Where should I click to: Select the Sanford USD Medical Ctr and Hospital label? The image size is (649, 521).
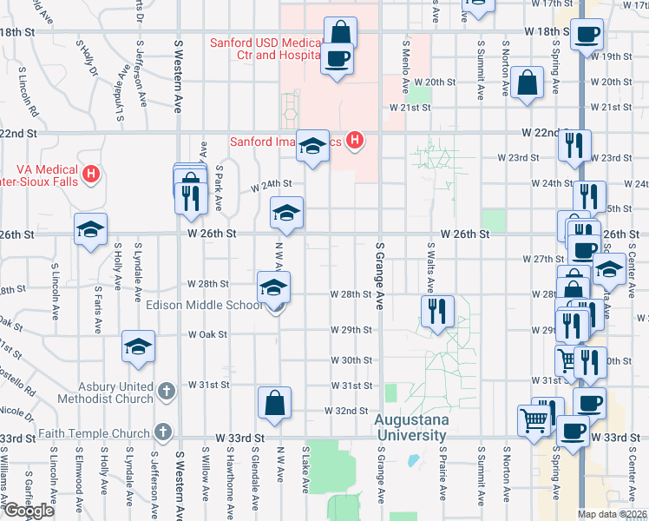[265, 49]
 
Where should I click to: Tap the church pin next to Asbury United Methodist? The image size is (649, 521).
[167, 393]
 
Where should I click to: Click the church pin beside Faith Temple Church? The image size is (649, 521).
[163, 432]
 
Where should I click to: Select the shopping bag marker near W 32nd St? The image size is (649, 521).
[274, 405]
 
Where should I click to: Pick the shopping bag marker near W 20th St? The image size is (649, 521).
[527, 85]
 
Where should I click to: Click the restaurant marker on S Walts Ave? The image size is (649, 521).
[437, 311]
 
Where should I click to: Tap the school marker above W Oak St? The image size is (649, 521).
[138, 347]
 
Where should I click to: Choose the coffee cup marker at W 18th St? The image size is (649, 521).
[587, 36]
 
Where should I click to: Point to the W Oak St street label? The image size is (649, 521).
[207, 333]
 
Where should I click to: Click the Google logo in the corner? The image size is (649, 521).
[29, 511]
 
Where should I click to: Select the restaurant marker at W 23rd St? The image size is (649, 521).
[574, 147]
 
